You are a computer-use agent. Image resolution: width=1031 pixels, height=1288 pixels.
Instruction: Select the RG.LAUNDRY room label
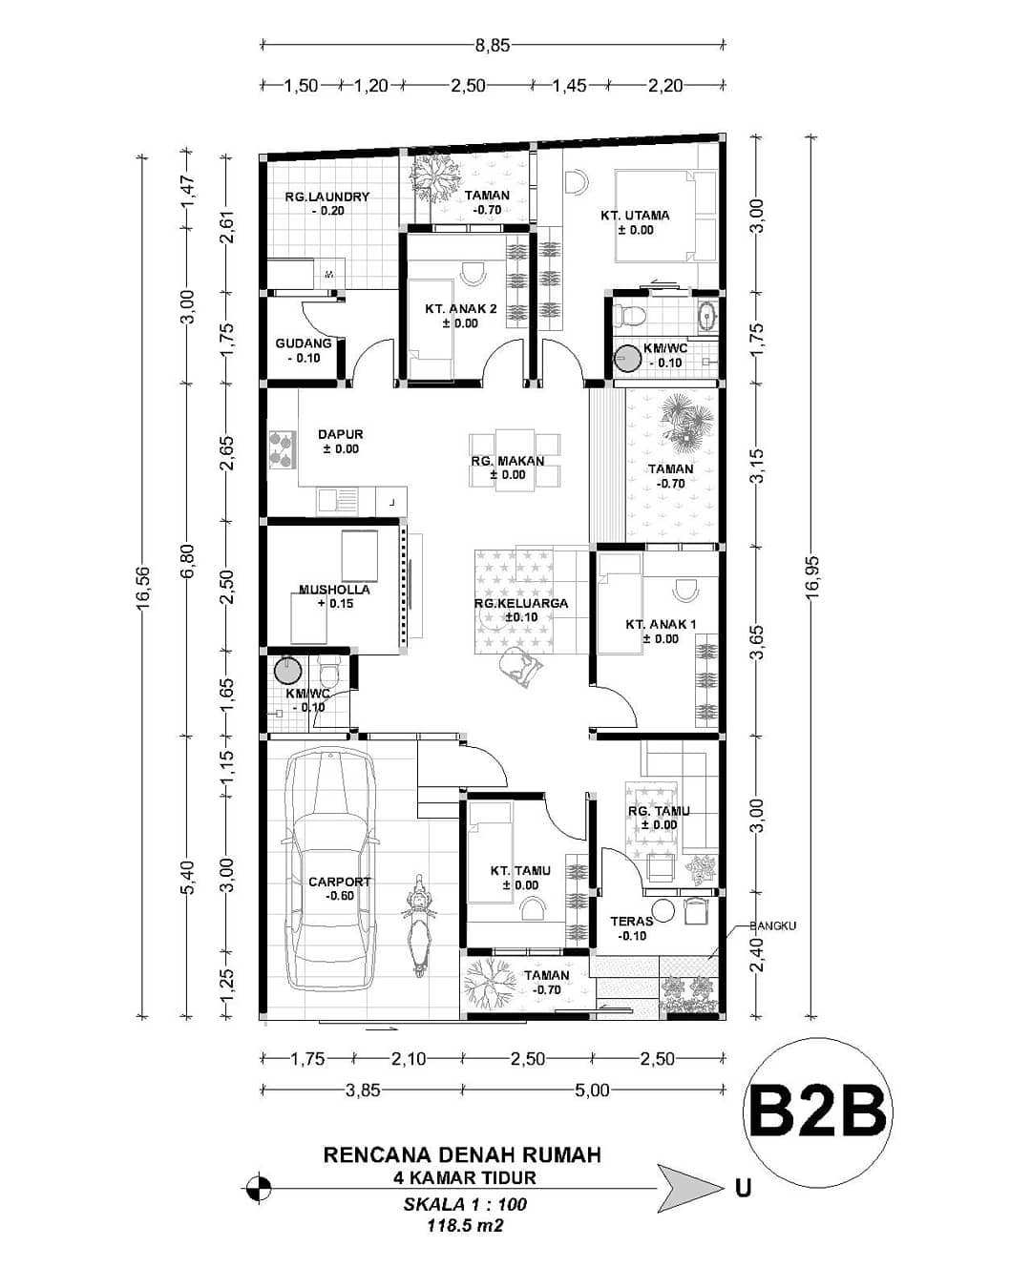coord(326,197)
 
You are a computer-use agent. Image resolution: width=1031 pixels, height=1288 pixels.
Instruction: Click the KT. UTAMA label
coord(635,216)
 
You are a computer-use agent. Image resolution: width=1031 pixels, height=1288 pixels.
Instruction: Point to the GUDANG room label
coord(304,343)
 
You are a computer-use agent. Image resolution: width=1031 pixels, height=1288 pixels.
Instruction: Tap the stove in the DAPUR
coord(281,449)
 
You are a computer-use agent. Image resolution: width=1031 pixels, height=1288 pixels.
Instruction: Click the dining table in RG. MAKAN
coord(515,461)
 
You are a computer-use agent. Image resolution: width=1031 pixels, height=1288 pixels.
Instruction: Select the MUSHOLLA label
coord(333,590)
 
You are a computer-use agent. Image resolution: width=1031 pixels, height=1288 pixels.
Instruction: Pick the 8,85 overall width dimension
coord(492,44)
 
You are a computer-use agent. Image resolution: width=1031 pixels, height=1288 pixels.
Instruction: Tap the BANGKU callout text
coord(772,925)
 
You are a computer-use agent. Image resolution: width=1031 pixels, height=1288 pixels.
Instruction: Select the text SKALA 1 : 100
coord(464,1204)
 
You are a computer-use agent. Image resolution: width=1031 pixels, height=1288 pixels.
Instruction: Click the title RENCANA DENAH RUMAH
coord(463,1154)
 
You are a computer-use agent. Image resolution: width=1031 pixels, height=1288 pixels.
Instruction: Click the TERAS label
coord(631,921)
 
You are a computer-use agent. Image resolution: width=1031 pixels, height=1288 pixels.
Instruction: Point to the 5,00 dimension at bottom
coord(592,1090)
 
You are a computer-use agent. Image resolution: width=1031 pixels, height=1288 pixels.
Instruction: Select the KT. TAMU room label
coord(515,870)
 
